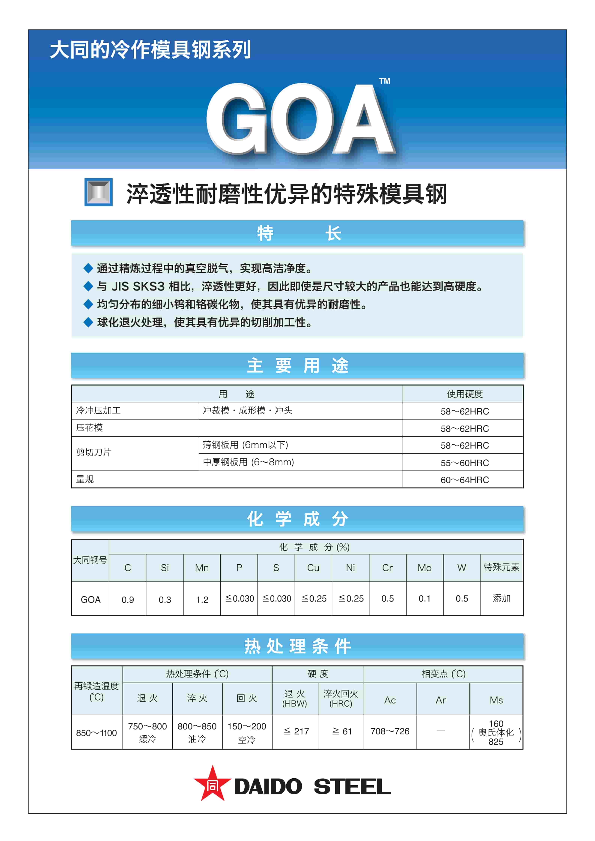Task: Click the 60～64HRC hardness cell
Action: coord(465,480)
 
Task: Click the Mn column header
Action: coord(202,568)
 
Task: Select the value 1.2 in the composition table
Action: coord(202,600)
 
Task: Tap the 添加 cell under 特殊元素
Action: coord(501,598)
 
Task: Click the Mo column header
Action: coord(425,568)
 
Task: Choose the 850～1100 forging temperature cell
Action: coord(96,733)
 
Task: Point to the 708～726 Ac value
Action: coord(390,731)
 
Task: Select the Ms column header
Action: coord(496,700)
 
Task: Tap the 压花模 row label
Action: coord(89,428)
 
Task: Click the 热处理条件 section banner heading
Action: coord(298,646)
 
